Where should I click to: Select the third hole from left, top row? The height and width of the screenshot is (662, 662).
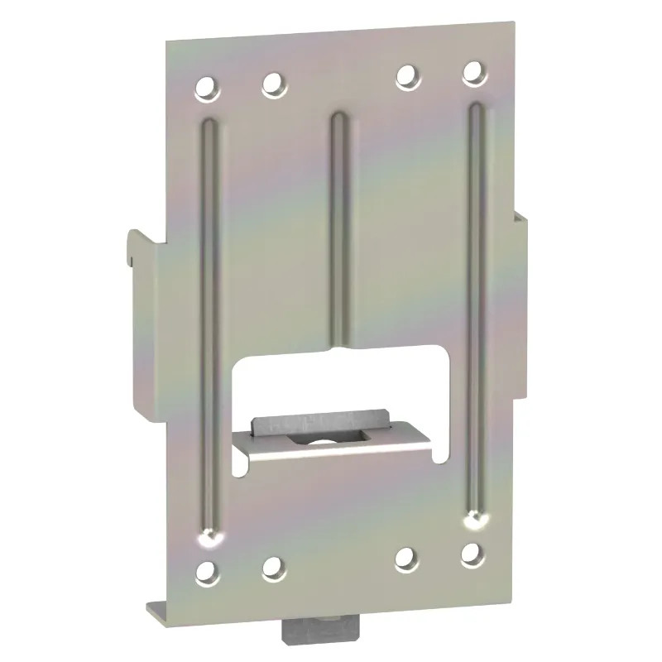pyautogui.click(x=405, y=76)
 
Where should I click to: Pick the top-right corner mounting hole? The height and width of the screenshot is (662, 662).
pyautogui.click(x=473, y=74)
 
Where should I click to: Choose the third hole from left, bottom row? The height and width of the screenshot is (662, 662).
pyautogui.click(x=405, y=559)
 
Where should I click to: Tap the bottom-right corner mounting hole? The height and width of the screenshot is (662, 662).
pyautogui.click(x=473, y=554)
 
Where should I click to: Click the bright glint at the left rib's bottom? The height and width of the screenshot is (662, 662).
pyautogui.click(x=208, y=539)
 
